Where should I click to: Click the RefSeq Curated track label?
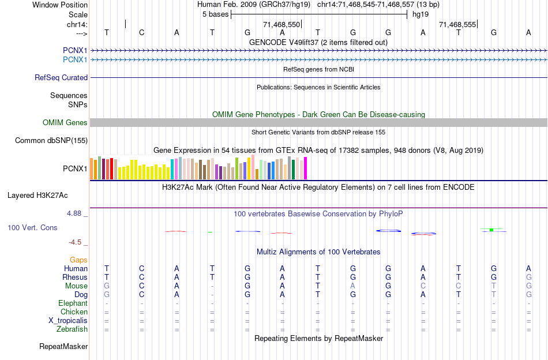[x=61, y=77]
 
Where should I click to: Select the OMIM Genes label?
[x=65, y=122]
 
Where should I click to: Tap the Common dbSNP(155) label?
[x=51, y=140]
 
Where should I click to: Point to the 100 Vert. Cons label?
[x=32, y=228]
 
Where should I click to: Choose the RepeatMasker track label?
[x=63, y=347]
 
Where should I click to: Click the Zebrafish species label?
[x=72, y=329]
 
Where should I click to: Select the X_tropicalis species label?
[x=68, y=321]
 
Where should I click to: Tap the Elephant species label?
[x=73, y=303]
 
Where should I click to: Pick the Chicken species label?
[x=74, y=312]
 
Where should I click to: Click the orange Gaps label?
[x=78, y=260]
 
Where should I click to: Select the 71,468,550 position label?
[x=281, y=25]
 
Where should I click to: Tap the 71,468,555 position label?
[x=457, y=25]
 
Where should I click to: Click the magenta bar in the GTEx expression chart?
[x=306, y=168]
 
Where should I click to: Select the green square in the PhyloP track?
[x=491, y=230]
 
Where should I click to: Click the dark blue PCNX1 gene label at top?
[x=75, y=50]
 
